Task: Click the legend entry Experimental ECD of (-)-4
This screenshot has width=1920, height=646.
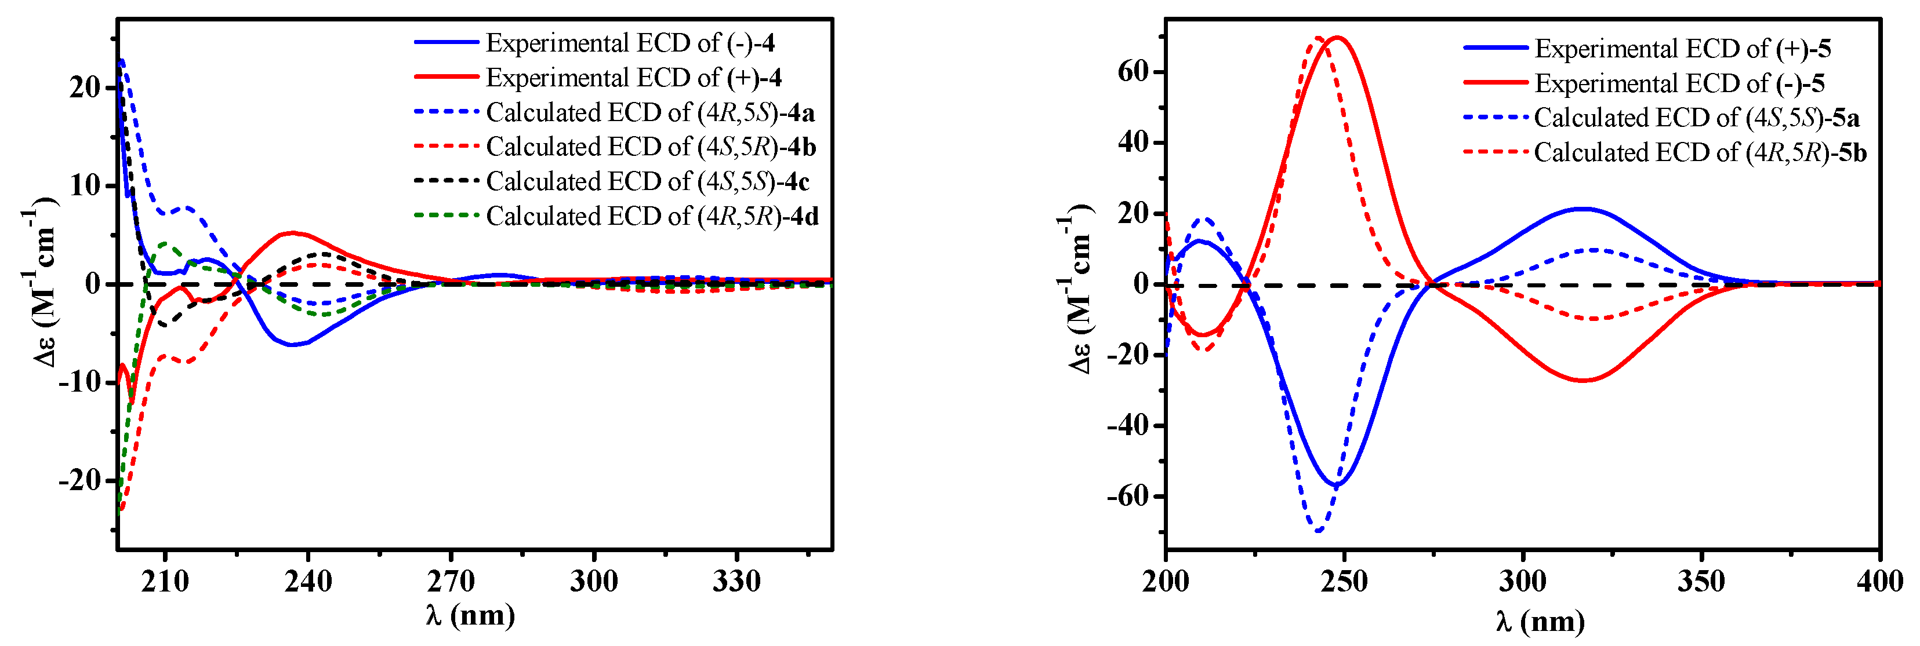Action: pos(630,43)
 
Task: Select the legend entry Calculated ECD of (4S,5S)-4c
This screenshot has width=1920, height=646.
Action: pos(647,182)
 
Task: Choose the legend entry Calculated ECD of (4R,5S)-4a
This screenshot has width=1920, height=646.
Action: pos(650,112)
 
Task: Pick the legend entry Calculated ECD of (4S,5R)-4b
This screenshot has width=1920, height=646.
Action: pos(651,147)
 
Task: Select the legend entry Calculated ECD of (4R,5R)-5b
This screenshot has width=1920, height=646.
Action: pos(1700,153)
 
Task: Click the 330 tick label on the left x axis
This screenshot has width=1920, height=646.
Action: pos(736,581)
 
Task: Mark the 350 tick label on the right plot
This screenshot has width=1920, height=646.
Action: pos(1701,582)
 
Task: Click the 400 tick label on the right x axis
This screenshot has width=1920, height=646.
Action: pos(1879,582)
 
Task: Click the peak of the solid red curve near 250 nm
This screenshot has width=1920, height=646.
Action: pos(1337,37)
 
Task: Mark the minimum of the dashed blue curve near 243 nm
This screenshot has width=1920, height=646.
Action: pos(1319,531)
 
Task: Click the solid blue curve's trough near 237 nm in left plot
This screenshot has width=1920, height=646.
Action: pos(293,344)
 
